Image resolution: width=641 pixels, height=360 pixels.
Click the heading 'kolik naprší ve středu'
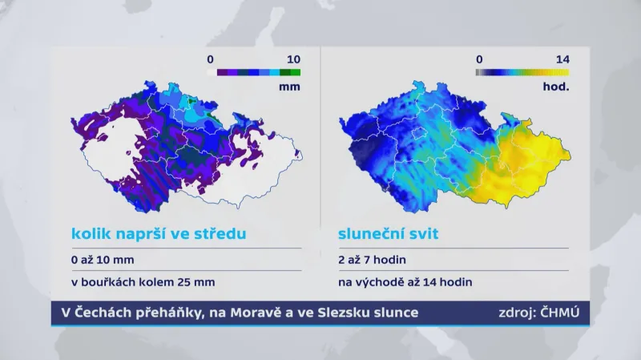pos(158,234)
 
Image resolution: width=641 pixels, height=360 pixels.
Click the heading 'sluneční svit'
pos(389,234)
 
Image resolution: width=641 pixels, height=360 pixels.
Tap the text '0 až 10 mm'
pos(103,260)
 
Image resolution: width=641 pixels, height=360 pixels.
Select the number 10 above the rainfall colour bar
pos(293,59)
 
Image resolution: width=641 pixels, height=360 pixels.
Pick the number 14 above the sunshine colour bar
pos(561,59)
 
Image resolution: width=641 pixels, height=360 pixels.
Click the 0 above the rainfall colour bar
pos(210,59)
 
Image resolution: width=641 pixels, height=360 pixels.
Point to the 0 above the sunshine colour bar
pos(478,59)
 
